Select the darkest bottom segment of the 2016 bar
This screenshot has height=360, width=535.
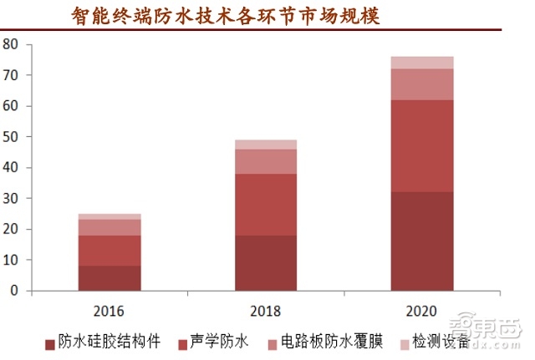tap(110, 278)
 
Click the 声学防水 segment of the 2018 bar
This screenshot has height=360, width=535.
tap(265, 205)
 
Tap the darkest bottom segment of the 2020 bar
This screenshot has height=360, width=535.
tap(421, 241)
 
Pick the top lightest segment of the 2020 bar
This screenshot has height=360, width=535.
tap(421, 63)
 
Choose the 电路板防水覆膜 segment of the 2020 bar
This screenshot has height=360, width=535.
tap(421, 84)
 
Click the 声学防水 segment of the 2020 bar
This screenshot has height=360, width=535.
tap(421, 146)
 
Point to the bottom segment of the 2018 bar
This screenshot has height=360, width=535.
tap(265, 263)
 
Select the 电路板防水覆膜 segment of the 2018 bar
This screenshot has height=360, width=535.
tap(265, 161)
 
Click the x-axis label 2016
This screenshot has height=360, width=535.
tap(110, 311)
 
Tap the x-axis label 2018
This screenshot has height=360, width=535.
tap(265, 311)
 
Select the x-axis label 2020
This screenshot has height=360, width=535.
tap(421, 311)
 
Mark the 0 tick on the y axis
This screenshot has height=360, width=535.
tap(13, 291)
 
